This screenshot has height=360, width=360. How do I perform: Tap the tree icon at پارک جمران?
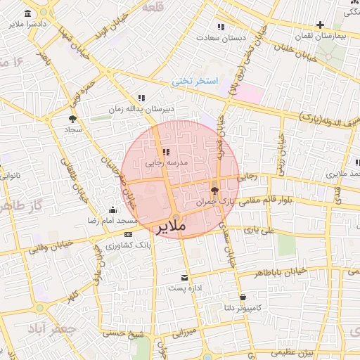tap(215, 190)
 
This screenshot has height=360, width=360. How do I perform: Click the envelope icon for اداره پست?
tap(185, 277)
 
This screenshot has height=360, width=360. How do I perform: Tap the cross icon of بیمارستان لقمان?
tap(320, 25)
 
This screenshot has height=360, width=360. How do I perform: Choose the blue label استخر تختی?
tap(195, 82)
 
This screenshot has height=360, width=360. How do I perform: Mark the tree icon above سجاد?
tap(73, 119)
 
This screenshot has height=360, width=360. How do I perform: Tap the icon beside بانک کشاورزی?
tap(128, 234)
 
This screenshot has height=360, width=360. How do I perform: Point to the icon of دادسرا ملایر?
tap(27, 14)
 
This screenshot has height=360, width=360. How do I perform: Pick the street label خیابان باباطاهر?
tap(281, 271)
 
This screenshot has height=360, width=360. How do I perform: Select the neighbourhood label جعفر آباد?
tap(51, 328)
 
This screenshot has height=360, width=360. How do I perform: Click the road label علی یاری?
tap(257, 229)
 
